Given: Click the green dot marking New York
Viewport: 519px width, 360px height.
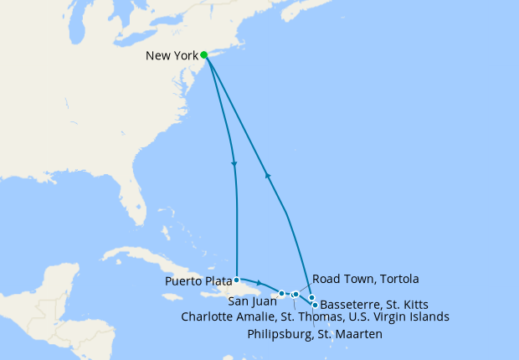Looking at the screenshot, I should (204, 55).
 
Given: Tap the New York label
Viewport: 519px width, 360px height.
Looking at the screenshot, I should (172, 56).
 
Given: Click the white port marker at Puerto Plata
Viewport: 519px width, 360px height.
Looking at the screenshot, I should (237, 280).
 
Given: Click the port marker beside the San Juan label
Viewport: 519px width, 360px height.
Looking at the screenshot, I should (282, 293).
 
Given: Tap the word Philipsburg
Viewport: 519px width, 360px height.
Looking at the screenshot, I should (282, 335).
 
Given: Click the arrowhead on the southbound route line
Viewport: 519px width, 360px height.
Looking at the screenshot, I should (234, 163).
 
